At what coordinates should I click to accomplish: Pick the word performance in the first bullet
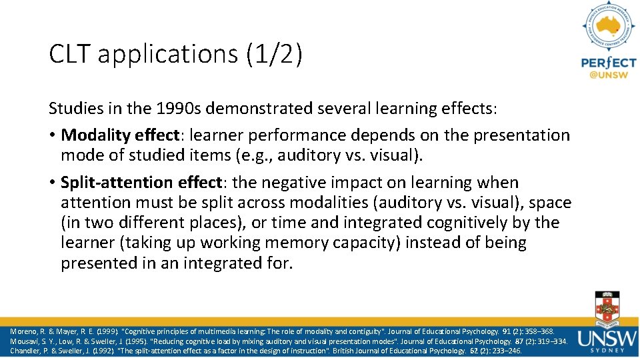pos(318,135)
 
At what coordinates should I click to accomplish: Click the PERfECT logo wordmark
pos(608,63)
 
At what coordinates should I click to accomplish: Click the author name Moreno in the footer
pos(24,331)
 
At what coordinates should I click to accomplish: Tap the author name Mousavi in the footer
pos(25,341)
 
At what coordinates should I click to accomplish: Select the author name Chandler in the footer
pos(26,351)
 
